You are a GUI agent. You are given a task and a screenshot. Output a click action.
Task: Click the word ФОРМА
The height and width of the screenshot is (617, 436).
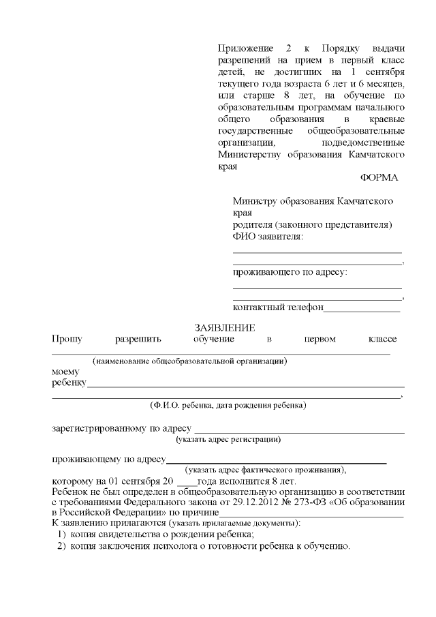[379, 177]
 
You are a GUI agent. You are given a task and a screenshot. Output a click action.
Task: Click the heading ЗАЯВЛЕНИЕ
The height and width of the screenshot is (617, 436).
[225, 328]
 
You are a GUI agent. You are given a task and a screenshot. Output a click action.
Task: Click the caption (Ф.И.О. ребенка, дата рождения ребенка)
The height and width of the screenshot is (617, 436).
[228, 406]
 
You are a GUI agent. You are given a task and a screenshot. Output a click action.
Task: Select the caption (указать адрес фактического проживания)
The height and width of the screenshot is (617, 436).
[266, 470]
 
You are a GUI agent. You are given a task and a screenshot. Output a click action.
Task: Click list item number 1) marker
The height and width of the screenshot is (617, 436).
[61, 535]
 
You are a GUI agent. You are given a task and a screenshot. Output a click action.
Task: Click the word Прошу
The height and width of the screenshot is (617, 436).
[66, 339]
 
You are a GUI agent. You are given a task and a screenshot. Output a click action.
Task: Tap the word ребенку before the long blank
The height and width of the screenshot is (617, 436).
[68, 383]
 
